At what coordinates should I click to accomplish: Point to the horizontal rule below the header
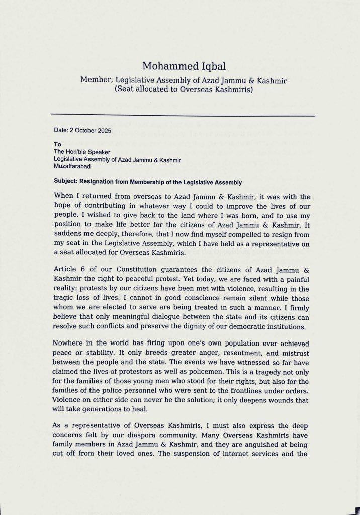183,116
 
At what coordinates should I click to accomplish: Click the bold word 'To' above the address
57,144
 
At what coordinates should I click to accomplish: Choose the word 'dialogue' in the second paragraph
169,317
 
